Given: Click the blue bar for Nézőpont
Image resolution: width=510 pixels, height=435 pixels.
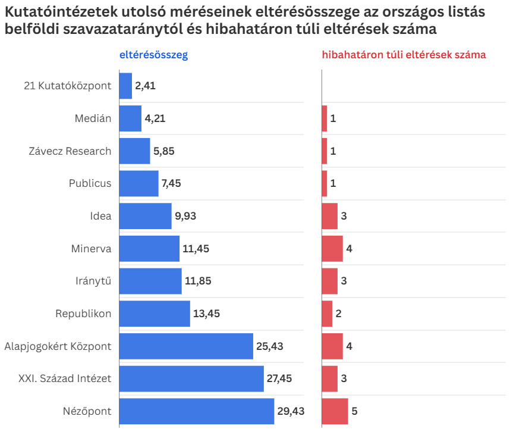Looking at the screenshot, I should tap(197, 411).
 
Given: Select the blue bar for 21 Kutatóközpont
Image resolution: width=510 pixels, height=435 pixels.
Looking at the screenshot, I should tap(125, 86).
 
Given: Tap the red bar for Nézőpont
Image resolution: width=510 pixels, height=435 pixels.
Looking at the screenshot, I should tap(335, 411).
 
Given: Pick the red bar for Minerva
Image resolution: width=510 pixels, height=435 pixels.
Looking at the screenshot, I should tap(332, 249).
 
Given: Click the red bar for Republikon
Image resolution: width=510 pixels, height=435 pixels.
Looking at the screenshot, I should tap(327, 314).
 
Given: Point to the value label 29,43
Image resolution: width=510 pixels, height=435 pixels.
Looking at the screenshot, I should tap(290, 411).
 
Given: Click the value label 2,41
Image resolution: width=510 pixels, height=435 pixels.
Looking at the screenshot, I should tap(145, 86).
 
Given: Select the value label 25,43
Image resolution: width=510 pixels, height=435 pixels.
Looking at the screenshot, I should tap(269, 346).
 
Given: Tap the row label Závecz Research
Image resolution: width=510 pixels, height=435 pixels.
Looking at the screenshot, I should tap(70, 151).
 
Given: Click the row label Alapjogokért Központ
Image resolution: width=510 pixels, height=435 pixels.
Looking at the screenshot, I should tap(58, 346).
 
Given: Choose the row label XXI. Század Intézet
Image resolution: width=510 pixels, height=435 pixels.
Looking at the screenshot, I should tap(65, 378).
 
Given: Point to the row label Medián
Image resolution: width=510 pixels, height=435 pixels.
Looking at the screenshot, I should tap(93, 118).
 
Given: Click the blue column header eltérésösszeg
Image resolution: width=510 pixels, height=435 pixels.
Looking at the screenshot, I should tap(153, 55).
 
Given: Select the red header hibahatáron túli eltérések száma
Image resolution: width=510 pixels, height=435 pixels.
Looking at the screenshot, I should tap(404, 55).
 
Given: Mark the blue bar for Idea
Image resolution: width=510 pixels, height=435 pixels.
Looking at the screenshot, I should tap(145, 216).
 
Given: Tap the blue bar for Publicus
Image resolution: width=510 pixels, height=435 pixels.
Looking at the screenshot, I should tap(138, 183).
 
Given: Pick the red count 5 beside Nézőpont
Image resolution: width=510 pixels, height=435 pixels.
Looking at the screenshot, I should tap(354, 411).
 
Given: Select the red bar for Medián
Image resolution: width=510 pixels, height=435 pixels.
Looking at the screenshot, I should tap(325, 118).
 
